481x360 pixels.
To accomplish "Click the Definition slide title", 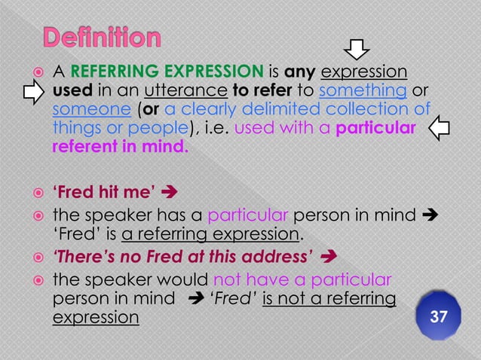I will tap(102, 37).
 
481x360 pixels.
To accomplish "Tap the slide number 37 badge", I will tap(438, 317).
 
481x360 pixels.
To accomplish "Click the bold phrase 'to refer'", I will tap(261, 91).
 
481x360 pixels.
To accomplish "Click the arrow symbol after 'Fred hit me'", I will tap(170, 181).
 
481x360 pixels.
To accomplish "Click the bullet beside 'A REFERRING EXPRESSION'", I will tap(34, 72).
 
